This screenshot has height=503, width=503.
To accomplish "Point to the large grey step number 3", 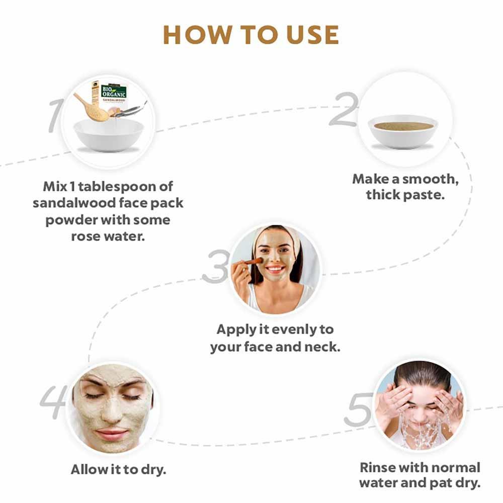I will click(x=215, y=267).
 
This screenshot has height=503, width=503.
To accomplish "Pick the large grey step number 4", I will click(x=52, y=402).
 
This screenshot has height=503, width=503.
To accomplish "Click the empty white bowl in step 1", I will click(x=108, y=134).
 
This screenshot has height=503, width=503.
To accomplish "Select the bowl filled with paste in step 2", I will click(x=402, y=130).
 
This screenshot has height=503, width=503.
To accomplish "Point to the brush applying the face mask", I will click(x=253, y=262).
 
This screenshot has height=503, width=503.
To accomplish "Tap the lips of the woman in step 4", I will click(x=112, y=434).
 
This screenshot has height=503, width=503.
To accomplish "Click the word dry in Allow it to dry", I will click(x=153, y=470).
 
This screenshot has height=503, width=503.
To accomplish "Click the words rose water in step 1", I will click(x=108, y=236).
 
